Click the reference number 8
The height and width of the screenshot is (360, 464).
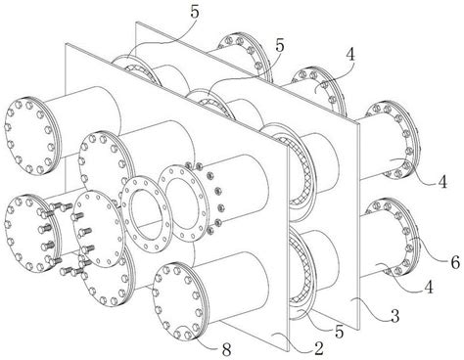pyautogui.click(x=227, y=350)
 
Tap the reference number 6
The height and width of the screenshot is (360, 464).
pyautogui.click(x=455, y=262)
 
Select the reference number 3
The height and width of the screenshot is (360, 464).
pyautogui.click(x=395, y=316)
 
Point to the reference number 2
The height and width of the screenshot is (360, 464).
pyautogui.click(x=318, y=348)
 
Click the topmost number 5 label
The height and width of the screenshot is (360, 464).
pyautogui.click(x=195, y=13)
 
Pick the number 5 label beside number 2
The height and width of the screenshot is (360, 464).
pyautogui.click(x=340, y=332)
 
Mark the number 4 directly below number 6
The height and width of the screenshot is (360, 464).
pyautogui.click(x=429, y=288)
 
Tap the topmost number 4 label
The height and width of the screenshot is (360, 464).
pyautogui.click(x=350, y=55)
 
